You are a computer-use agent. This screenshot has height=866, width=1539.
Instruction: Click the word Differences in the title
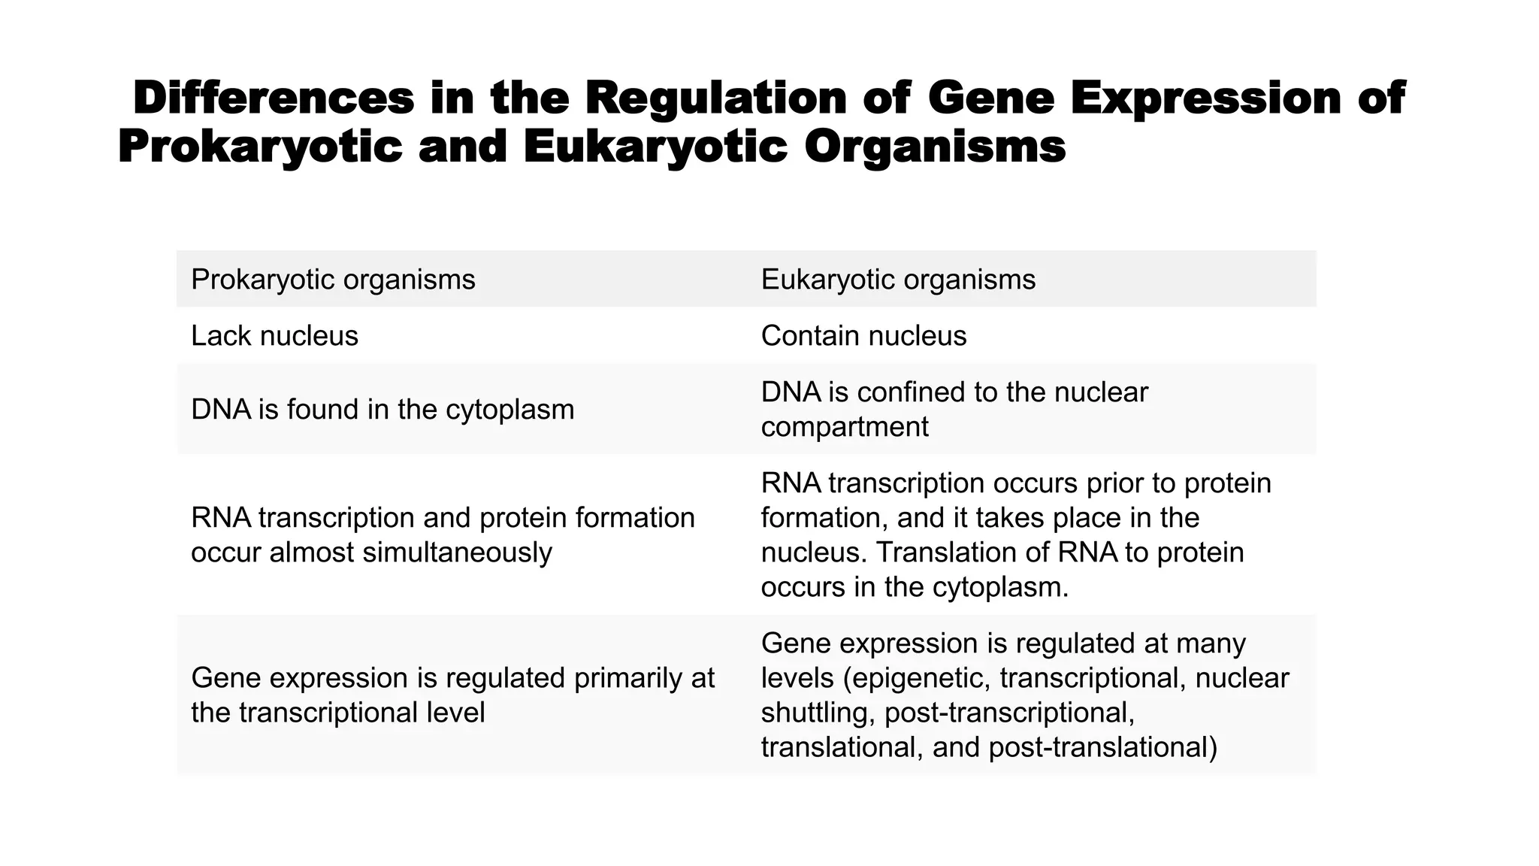tap(274, 98)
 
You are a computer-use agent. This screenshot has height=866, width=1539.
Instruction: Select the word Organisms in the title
tap(935, 146)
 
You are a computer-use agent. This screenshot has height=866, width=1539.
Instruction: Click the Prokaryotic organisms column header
tap(333, 280)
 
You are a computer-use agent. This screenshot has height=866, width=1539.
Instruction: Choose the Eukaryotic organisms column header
tap(898, 280)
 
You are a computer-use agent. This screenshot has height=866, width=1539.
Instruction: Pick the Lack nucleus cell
tap(274, 336)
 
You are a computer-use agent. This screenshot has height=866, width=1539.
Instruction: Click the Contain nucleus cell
tap(863, 336)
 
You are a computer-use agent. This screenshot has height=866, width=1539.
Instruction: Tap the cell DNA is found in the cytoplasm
tap(382, 410)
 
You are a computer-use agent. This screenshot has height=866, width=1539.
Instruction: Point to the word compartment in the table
tap(845, 427)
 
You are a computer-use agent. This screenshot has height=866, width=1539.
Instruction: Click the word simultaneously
tap(457, 553)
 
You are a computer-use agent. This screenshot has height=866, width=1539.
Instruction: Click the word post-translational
tap(1102, 747)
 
